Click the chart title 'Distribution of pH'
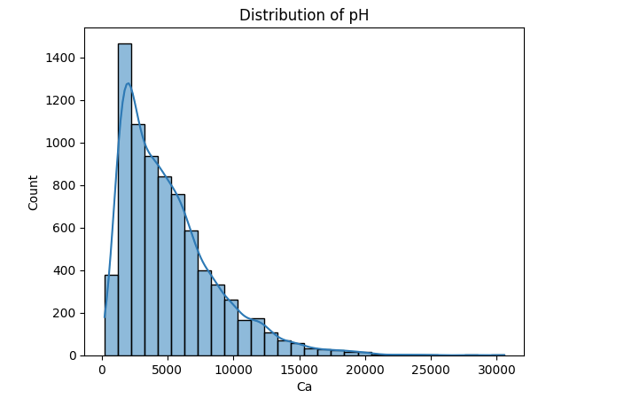(x=303, y=15)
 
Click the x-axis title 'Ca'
(x=304, y=387)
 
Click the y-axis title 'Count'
(x=34, y=191)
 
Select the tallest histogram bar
(x=125, y=199)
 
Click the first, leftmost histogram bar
(x=112, y=315)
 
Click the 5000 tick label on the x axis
(x=167, y=368)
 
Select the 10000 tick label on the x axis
(x=232, y=368)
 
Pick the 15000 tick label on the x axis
(x=298, y=368)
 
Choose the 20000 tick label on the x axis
(x=364, y=368)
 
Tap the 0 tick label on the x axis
(x=101, y=368)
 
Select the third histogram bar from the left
(x=138, y=239)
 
